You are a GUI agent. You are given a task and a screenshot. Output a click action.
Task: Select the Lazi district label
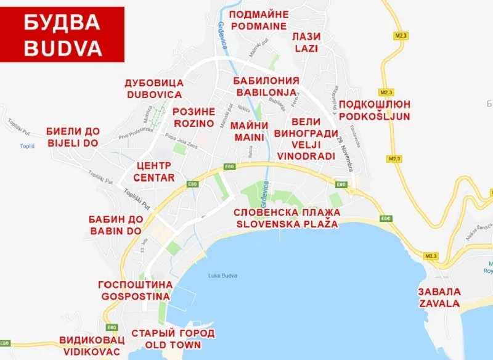tap(307, 43)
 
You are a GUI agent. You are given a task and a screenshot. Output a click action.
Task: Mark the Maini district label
tap(250, 131)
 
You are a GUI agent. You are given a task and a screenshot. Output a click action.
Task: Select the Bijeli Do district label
tap(72, 137)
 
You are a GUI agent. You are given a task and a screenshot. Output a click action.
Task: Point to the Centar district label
tap(155, 171)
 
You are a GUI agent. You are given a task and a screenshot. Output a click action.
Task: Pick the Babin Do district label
tap(115, 226)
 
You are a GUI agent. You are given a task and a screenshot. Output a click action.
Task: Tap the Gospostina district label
tap(134, 290)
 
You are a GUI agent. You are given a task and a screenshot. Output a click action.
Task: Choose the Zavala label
tap(439, 298)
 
